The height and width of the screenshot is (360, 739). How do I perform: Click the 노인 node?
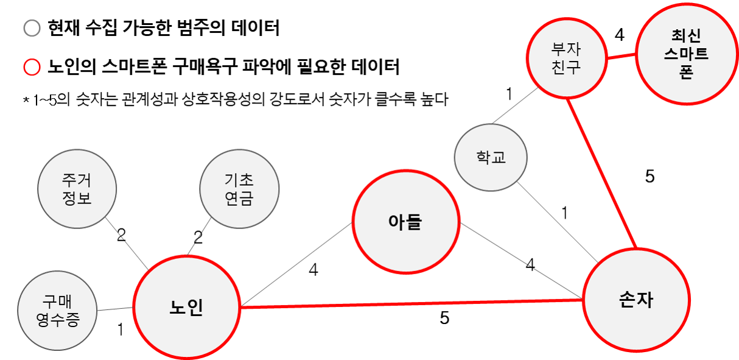click(186, 307)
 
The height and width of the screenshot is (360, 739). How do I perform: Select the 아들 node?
click(405, 222)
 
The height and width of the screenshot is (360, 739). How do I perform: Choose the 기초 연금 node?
click(239, 189)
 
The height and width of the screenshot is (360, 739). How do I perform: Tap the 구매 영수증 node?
click(58, 311)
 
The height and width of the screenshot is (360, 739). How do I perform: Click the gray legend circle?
click(32, 29)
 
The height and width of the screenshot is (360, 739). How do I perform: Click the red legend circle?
click(32, 67)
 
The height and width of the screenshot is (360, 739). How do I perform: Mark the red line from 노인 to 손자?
click(412, 303)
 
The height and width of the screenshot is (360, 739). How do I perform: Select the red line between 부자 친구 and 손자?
click(601, 174)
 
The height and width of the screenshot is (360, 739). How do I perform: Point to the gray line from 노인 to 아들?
click(296, 264)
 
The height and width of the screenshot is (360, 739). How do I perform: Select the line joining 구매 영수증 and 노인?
click(115, 309)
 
